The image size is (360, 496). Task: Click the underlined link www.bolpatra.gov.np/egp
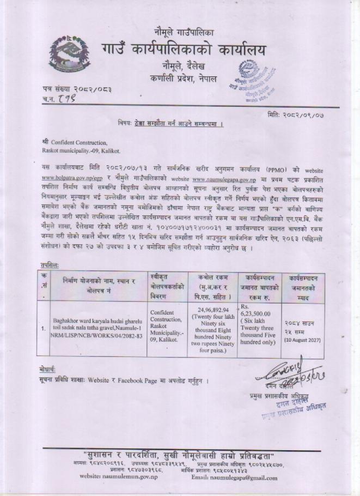(64, 178)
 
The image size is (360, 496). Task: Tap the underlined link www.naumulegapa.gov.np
(223, 178)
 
